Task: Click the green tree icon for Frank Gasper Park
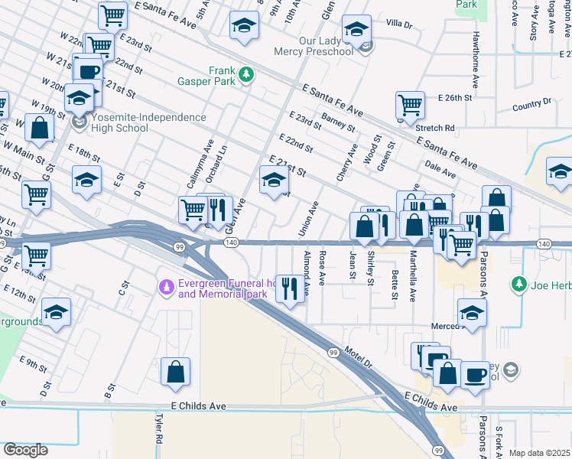pyautogui.click(x=245, y=73)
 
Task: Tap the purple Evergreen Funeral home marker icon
pyautogui.click(x=165, y=288)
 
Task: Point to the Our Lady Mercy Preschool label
pyautogui.click(x=316, y=46)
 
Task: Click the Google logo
pyautogui.click(x=25, y=449)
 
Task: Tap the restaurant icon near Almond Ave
pyautogui.click(x=289, y=288)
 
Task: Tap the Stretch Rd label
pyautogui.click(x=436, y=128)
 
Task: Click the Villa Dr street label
pyautogui.click(x=398, y=24)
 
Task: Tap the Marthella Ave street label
pyautogui.click(x=412, y=275)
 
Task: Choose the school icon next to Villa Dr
pyautogui.click(x=355, y=30)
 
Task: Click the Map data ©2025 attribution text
pyautogui.click(x=540, y=453)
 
